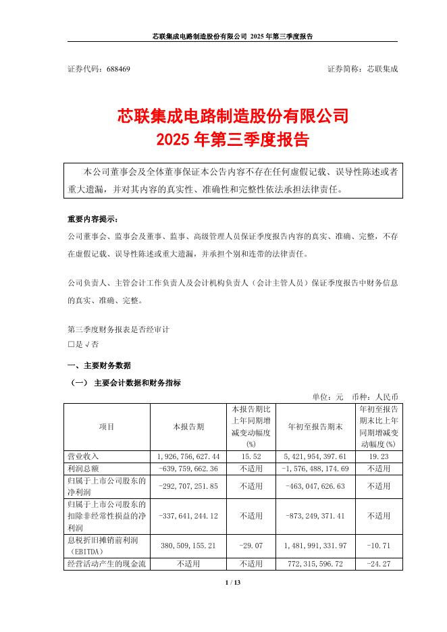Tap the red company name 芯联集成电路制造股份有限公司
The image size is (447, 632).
point(232,116)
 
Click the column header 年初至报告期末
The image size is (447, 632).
point(315,427)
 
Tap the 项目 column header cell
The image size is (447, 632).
point(107,427)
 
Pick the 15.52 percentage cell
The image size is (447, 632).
point(251,457)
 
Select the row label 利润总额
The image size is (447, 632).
point(81,468)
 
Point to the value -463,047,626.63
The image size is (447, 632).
point(315,485)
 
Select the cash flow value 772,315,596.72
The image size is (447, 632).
point(315,562)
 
